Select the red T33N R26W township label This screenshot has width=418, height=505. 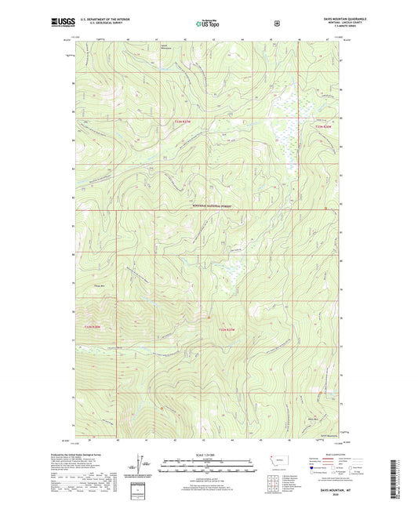tap(325, 126)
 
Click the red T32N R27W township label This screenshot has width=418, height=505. tap(227, 329)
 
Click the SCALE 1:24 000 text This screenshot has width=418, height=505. tap(208, 454)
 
